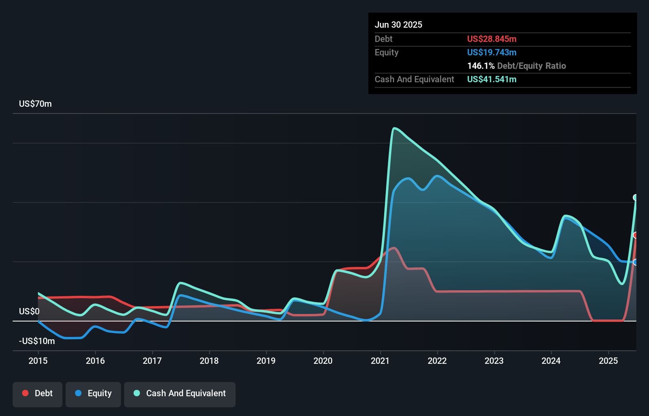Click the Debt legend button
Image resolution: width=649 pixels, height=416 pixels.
point(38,393)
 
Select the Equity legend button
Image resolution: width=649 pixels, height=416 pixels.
point(93,393)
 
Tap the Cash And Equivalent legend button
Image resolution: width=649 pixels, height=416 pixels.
point(180,393)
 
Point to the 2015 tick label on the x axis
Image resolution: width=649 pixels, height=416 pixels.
point(38,361)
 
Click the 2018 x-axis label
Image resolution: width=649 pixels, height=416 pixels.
point(209,361)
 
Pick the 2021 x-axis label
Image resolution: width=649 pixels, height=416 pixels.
point(380,361)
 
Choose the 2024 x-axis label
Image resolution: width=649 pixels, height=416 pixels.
point(551,361)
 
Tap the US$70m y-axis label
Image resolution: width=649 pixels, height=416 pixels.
point(35,104)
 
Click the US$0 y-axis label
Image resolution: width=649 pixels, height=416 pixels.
point(29,311)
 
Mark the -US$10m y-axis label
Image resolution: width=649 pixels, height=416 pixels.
point(37,341)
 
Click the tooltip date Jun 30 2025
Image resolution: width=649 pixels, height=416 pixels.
point(398,25)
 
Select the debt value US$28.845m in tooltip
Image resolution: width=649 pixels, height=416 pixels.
point(492,39)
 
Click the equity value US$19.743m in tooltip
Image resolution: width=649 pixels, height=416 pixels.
point(492,52)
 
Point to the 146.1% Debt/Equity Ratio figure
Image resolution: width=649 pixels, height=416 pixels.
point(516,66)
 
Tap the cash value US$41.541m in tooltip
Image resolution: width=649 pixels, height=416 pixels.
point(492,79)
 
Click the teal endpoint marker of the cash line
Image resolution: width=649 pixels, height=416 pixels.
point(636,197)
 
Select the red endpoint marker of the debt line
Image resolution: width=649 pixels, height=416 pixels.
point(636,235)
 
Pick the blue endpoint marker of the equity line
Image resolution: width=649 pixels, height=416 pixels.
point(636,262)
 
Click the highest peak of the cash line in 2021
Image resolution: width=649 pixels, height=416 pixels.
point(394,128)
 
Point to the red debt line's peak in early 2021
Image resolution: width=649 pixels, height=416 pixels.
point(394,248)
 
